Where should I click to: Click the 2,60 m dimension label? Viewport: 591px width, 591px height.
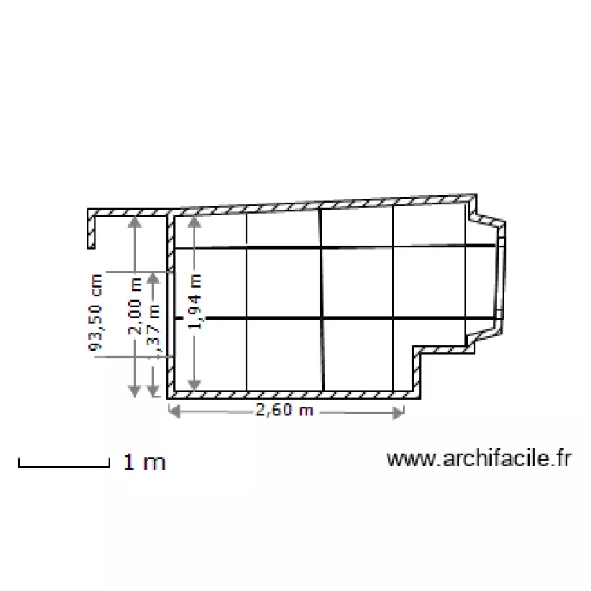pos(284,411)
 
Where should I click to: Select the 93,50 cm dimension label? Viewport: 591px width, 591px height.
pos(95,312)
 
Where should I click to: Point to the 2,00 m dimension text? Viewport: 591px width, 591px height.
pos(136,310)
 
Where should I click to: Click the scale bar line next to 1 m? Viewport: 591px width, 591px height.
pos(63,466)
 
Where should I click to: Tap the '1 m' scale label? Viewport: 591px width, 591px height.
pos(144,463)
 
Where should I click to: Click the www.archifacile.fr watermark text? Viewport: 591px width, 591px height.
pos(478,459)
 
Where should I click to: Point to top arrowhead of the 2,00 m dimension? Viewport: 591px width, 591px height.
pos(135,222)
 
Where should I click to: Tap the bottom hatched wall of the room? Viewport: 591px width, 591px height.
pos(292,392)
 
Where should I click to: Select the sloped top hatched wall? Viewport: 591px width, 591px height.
pos(323,203)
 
